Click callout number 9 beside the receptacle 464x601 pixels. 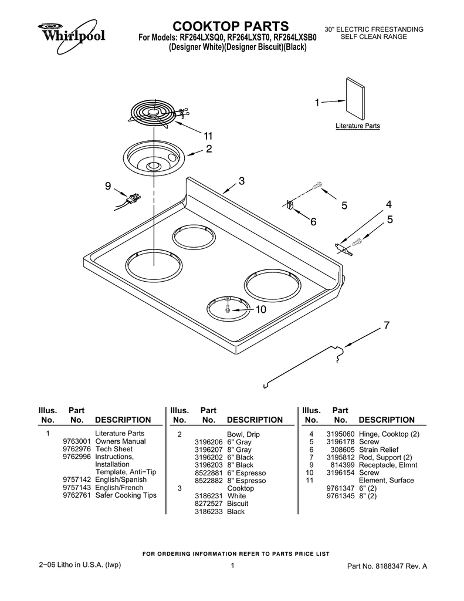tap(108, 186)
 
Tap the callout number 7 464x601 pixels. tap(387, 325)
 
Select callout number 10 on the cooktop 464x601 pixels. tap(260, 309)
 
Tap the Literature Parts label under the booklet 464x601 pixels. tap(357, 126)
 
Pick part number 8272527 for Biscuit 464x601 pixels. tap(208, 504)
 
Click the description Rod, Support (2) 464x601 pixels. tap(389, 457)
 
